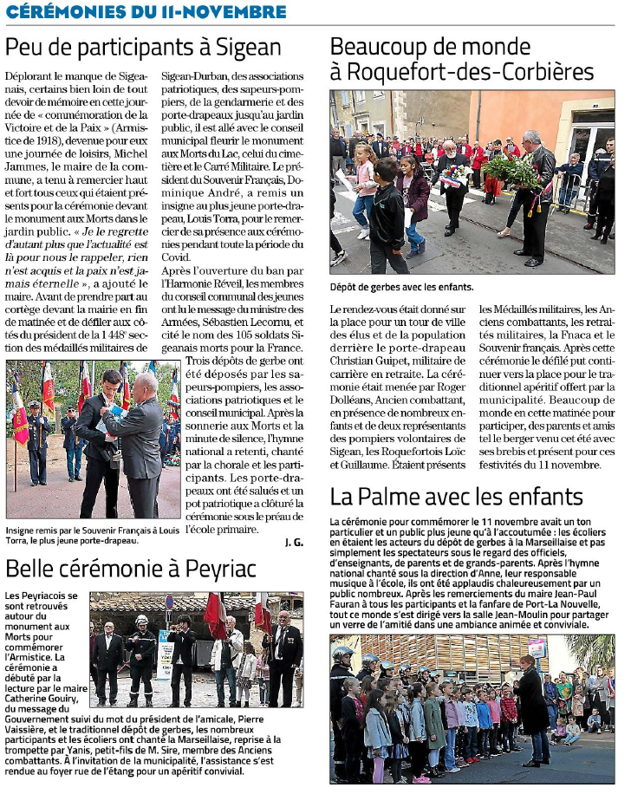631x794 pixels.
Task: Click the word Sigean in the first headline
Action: tap(245, 47)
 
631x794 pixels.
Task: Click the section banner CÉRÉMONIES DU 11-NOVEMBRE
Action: tap(146, 11)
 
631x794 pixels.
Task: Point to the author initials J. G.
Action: tap(294, 543)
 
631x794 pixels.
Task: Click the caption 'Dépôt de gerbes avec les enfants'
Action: tap(401, 287)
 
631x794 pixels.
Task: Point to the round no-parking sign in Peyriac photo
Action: tap(170, 602)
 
